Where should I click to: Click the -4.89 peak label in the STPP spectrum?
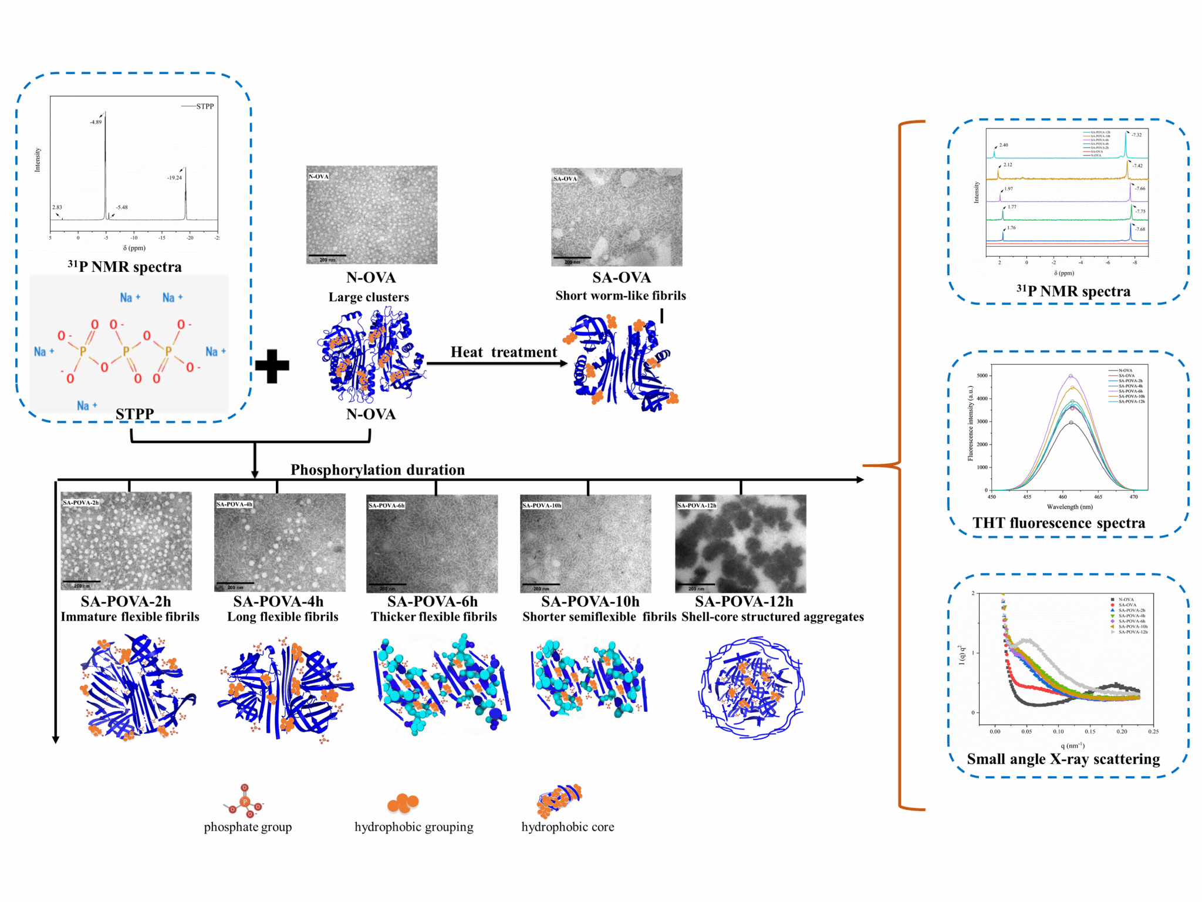pyautogui.click(x=96, y=122)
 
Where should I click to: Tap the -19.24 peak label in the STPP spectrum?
pyautogui.click(x=174, y=177)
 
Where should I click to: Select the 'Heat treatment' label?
pyautogui.click(x=504, y=352)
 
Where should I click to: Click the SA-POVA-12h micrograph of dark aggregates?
pyautogui.click(x=740, y=543)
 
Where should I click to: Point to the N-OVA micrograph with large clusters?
pyautogui.click(x=372, y=215)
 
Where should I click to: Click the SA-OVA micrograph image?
pyautogui.click(x=616, y=217)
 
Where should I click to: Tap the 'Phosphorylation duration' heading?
pyautogui.click(x=377, y=470)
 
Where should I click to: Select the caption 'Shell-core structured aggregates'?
pyautogui.click(x=772, y=617)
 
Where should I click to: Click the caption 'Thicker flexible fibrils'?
pyautogui.click(x=434, y=617)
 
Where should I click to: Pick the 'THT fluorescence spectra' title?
pyautogui.click(x=1058, y=523)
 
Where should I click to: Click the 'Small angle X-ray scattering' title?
pyautogui.click(x=1063, y=759)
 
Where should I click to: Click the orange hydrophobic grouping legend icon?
pyautogui.click(x=403, y=802)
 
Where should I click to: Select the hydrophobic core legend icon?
pyautogui.click(x=559, y=800)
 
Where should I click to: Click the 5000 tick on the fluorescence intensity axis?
pyautogui.click(x=982, y=376)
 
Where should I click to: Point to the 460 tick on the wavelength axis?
pyautogui.click(x=1062, y=497)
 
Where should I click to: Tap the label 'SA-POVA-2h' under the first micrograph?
pyautogui.click(x=126, y=601)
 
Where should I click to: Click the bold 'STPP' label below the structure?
pyautogui.click(x=134, y=414)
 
